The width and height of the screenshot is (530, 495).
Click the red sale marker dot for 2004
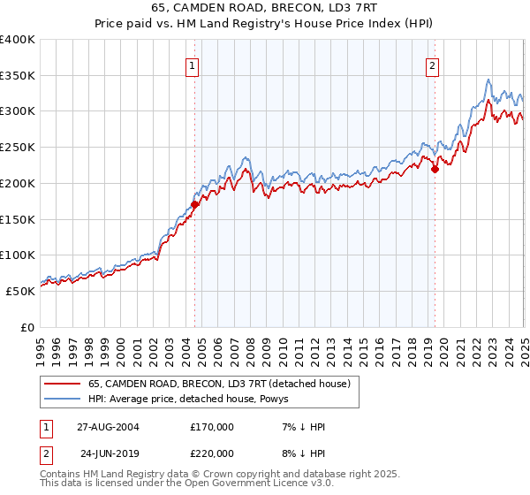coord(195,204)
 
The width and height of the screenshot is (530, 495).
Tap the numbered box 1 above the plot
coord(192,65)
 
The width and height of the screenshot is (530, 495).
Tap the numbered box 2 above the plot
coord(433,65)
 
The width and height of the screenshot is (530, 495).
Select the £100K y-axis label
coord(18,255)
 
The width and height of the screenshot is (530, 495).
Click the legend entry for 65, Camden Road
coord(219,384)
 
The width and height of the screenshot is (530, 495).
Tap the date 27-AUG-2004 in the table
coord(108,427)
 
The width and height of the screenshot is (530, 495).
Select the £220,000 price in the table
coord(212,453)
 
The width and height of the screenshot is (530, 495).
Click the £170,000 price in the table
coord(212,427)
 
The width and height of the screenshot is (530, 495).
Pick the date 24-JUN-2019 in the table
coord(108,453)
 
